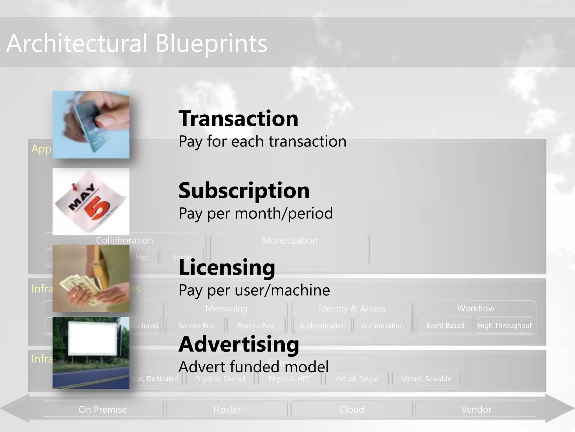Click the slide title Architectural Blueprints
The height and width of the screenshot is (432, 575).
(x=137, y=43)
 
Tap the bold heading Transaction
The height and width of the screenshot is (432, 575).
(x=238, y=119)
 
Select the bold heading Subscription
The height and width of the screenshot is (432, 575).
(x=244, y=191)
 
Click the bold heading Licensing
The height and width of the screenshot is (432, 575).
(x=227, y=267)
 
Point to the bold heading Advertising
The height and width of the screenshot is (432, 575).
(x=239, y=344)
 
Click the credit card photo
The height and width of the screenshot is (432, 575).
(x=91, y=125)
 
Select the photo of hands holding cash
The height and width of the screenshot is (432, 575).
(x=91, y=278)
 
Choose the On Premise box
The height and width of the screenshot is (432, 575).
(x=102, y=409)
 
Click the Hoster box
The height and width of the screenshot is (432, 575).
(x=227, y=409)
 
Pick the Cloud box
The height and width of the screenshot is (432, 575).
(x=352, y=409)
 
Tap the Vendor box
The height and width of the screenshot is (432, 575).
(x=476, y=409)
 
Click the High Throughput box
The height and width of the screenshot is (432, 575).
(x=505, y=326)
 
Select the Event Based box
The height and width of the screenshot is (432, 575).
(x=445, y=326)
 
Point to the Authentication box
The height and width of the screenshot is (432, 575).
(x=322, y=326)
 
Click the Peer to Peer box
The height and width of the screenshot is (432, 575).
(x=256, y=326)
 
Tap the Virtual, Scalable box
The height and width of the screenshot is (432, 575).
(x=426, y=379)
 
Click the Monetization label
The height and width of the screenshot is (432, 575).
(x=290, y=240)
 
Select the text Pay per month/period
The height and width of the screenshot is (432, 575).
(x=255, y=213)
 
